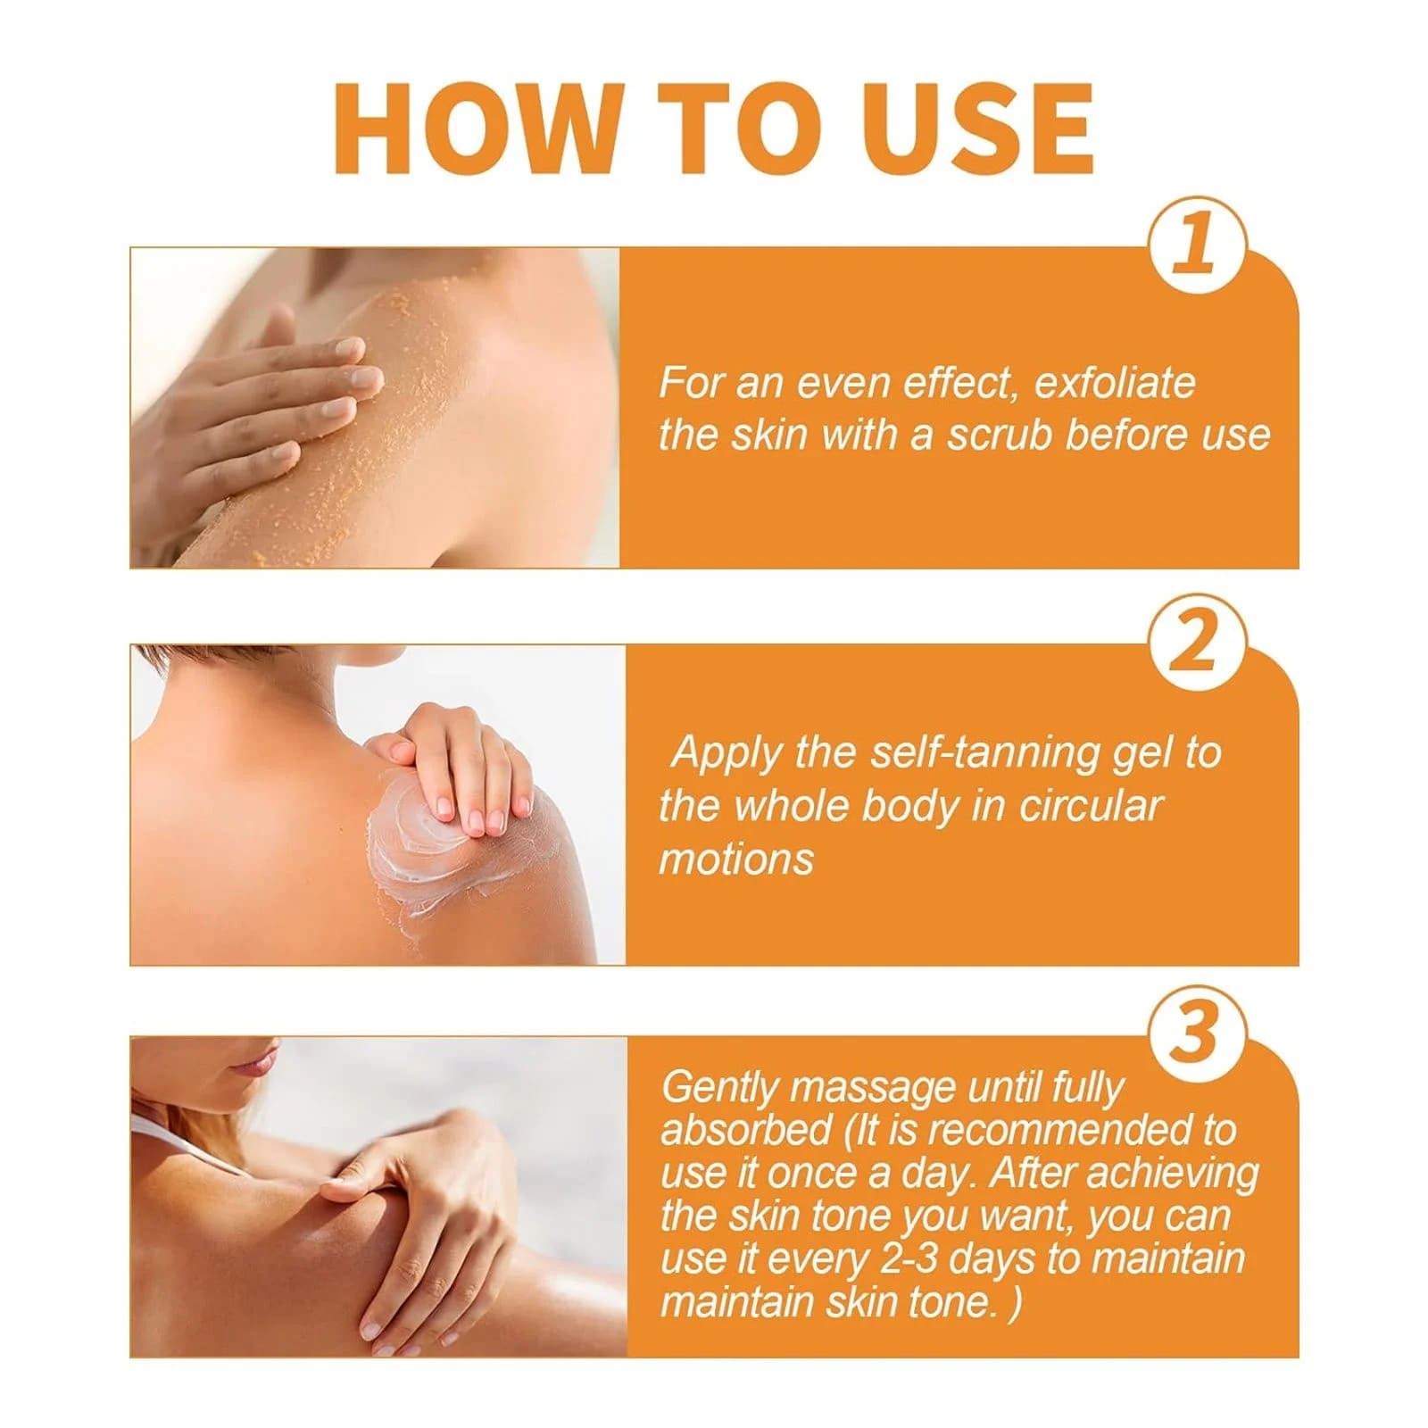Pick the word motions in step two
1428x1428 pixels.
click(736, 859)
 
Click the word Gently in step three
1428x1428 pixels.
click(721, 1088)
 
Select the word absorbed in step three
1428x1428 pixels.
click(746, 1131)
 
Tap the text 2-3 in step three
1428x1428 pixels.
click(909, 1259)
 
